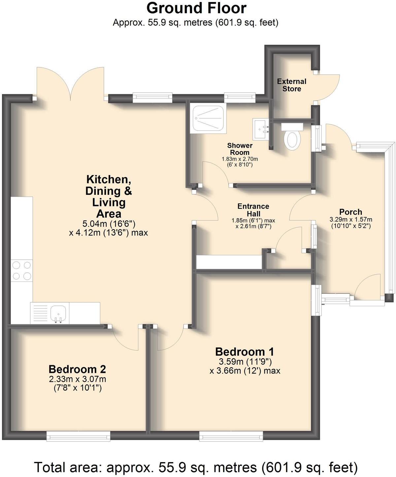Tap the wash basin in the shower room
coord(261,129)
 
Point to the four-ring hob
coord(22,270)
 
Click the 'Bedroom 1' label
coord(245,351)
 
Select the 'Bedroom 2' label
coord(77,369)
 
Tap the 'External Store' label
coord(292,85)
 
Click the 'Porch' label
coord(350,212)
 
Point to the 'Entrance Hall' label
coord(253,210)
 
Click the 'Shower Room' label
coord(240,149)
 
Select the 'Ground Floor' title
coord(196,8)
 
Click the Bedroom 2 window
coord(78,437)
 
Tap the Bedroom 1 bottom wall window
coord(231,437)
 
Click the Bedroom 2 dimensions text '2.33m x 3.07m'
coord(78,379)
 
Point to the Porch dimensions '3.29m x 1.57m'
coord(350,220)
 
